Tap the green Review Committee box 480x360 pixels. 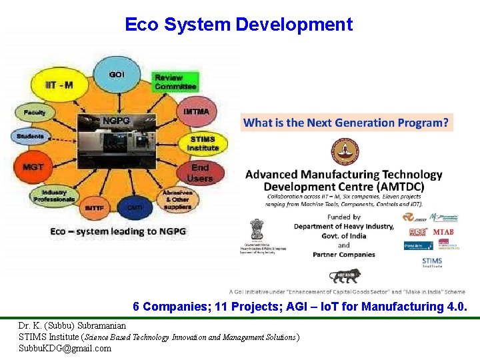pyautogui.click(x=175, y=82)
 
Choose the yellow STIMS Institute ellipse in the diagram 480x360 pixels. pyautogui.click(x=203, y=143)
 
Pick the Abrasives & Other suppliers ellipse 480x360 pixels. pyautogui.click(x=177, y=199)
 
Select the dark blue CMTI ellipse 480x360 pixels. pyautogui.click(x=134, y=207)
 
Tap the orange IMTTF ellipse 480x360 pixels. pyautogui.click(x=93, y=207)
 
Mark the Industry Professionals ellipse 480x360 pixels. pyautogui.click(x=54, y=195)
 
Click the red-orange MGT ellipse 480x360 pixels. pyautogui.click(x=33, y=167)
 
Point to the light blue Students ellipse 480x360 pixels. pyautogui.click(x=31, y=137)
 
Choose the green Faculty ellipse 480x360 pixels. pyautogui.click(x=35, y=113)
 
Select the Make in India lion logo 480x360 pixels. pyautogui.click(x=343, y=275)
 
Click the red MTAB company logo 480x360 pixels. pyautogui.click(x=443, y=231)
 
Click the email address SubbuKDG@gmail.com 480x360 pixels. pyautogui.click(x=65, y=348)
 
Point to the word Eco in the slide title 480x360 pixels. pyautogui.click(x=141, y=25)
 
